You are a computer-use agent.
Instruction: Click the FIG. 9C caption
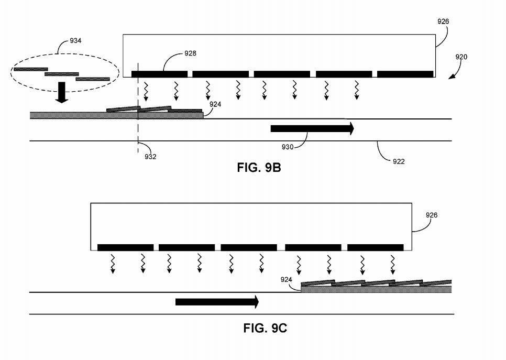tap(265, 329)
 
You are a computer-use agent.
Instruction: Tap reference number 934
tap(75, 41)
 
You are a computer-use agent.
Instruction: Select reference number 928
tap(190, 53)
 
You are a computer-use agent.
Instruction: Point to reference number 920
tap(461, 57)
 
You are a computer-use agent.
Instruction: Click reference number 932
tap(150, 156)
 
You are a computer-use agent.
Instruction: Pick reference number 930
tap(287, 147)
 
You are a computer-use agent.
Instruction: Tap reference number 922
tap(399, 161)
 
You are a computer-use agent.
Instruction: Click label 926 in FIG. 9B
tap(443, 21)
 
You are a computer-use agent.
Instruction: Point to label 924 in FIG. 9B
tap(215, 104)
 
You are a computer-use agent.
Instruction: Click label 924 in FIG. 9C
tap(286, 280)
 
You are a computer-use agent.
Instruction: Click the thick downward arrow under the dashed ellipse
tap(62, 92)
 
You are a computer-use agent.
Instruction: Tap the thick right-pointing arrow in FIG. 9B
tap(312, 128)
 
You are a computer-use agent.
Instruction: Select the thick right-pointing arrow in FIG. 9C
tap(217, 301)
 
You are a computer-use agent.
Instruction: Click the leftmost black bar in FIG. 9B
tap(159, 74)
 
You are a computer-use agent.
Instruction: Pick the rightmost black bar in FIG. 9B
tap(405, 74)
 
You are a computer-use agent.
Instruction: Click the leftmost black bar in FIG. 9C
tap(125, 247)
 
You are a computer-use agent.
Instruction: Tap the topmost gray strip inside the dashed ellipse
tap(30, 69)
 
